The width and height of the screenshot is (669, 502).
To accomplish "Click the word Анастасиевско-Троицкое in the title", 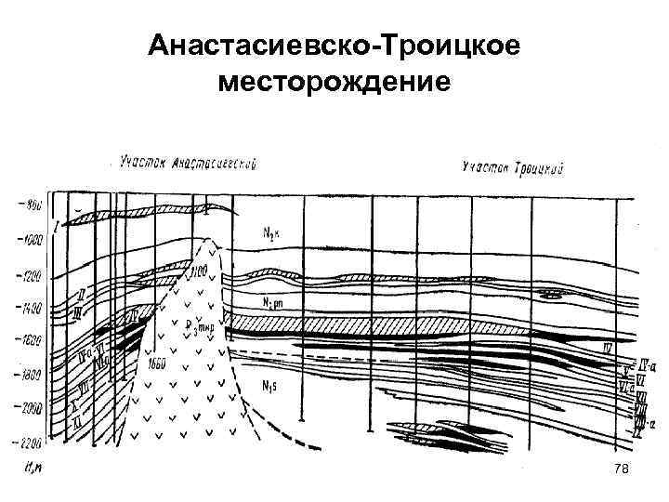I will click(x=334, y=46).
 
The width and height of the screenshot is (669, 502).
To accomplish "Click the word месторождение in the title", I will click(x=334, y=83).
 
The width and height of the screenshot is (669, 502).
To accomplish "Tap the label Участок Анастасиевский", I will click(x=189, y=164).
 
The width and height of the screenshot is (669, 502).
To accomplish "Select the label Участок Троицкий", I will click(x=513, y=168).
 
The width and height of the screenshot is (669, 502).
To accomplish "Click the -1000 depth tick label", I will click(x=28, y=239).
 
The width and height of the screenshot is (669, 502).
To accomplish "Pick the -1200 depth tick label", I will click(x=28, y=276).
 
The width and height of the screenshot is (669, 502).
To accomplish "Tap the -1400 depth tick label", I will click(x=28, y=307).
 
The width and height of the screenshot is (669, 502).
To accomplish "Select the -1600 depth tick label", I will click(x=28, y=341).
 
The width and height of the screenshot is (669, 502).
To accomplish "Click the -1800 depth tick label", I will click(x=28, y=375).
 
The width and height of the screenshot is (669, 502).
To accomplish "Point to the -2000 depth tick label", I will click(x=28, y=408).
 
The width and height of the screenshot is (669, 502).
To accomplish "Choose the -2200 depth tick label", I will click(x=28, y=442).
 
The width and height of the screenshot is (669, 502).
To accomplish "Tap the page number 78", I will click(x=623, y=471).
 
